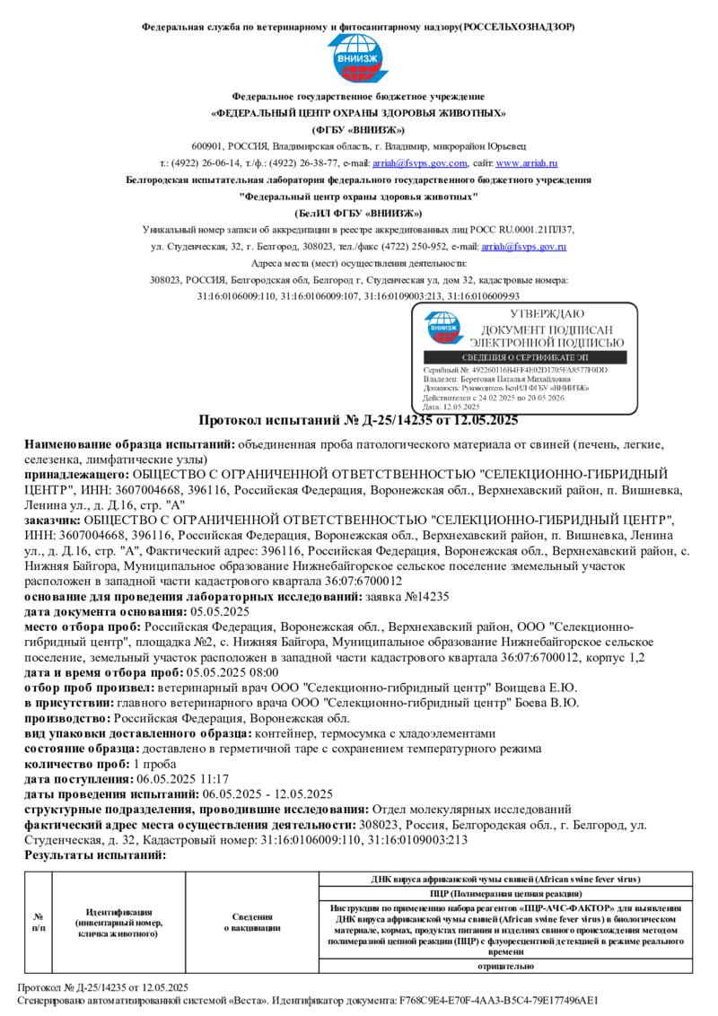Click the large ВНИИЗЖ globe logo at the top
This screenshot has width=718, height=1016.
point(358,59)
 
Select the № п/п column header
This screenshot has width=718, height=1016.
point(39,922)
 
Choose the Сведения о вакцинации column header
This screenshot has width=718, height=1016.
point(252,922)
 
